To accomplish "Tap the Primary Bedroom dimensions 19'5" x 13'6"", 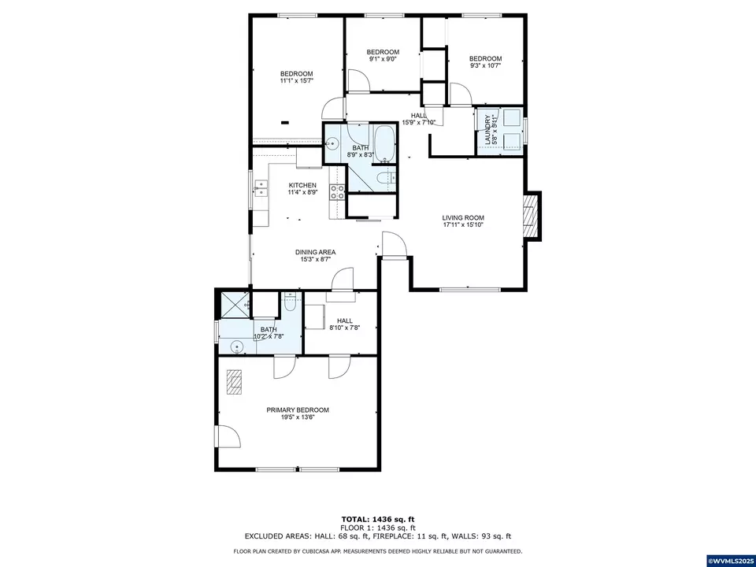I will point(297,418).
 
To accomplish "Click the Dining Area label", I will point(316,252).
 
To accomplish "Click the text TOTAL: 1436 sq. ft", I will point(378,520).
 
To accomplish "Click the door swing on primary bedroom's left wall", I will point(228,437).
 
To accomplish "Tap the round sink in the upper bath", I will point(333,144).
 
